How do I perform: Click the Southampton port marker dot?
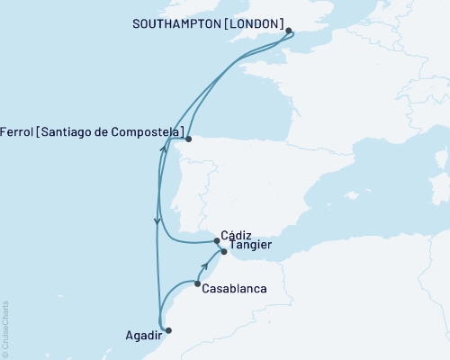click(289, 31)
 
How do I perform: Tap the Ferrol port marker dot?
click(188, 139)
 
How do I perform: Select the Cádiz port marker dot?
click(215, 240)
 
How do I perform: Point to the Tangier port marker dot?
click(223, 253)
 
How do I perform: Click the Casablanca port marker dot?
click(197, 284)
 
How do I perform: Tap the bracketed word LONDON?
click(254, 22)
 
